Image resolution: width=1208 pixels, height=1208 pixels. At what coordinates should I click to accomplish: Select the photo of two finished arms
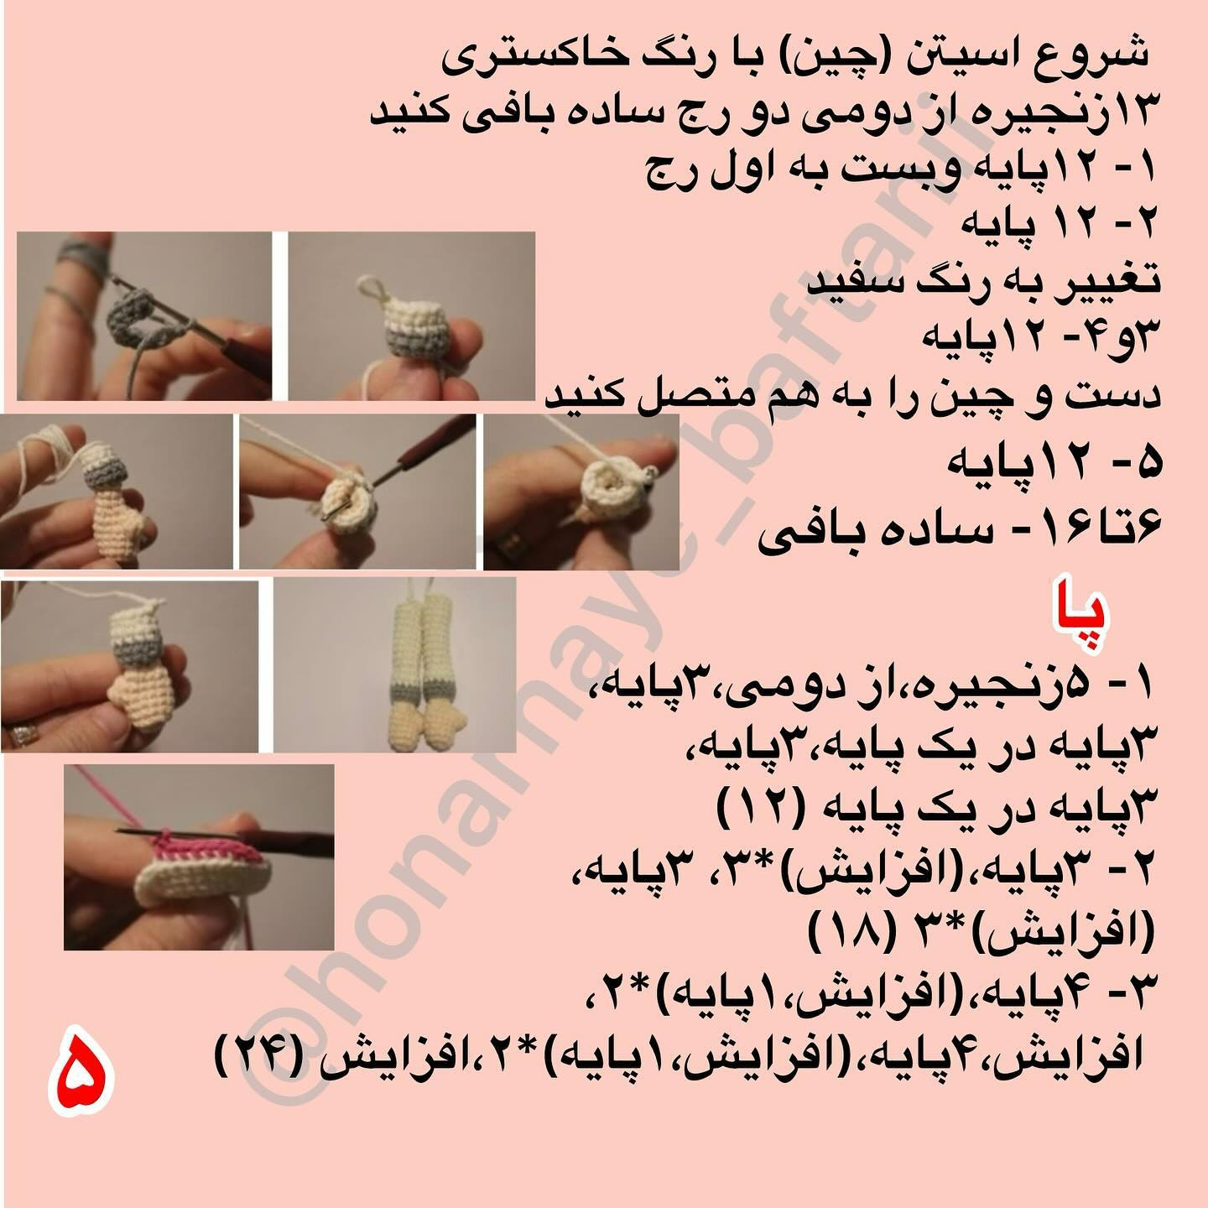[x=395, y=664]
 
